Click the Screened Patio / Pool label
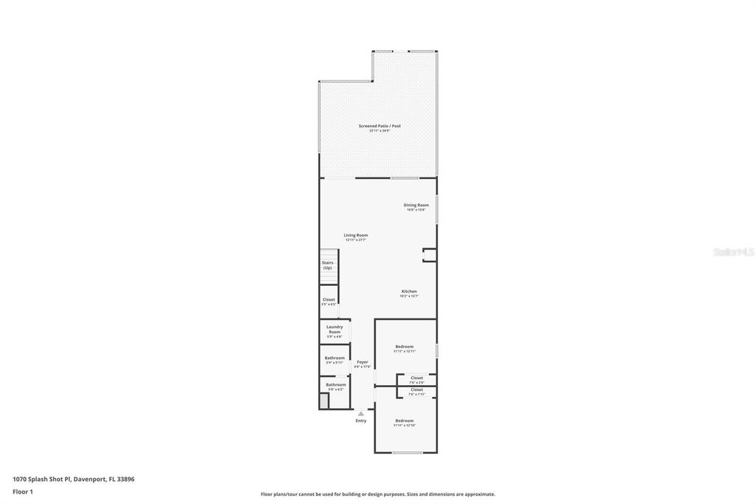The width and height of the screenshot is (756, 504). [379, 127]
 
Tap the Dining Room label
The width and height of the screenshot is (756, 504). [416, 206]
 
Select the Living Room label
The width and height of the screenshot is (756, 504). [355, 236]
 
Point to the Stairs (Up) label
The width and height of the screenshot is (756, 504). [327, 265]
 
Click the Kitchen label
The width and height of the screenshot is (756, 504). [409, 293]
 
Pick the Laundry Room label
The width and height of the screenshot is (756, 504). [334, 330]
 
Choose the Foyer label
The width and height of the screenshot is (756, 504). [362, 363]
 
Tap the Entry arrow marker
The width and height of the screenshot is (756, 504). [361, 414]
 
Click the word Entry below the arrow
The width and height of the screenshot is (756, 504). [361, 420]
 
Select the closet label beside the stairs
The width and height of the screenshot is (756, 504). [329, 301]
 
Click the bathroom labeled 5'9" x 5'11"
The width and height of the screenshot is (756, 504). [334, 359]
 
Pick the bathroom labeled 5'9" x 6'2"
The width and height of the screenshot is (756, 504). [336, 386]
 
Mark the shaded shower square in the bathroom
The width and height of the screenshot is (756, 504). [323, 401]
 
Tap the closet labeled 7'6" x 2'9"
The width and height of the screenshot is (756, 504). [416, 379]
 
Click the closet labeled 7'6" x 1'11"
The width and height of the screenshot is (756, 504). [416, 391]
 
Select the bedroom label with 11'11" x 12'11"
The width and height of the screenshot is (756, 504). [405, 348]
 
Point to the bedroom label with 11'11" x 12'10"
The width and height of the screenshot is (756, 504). [405, 422]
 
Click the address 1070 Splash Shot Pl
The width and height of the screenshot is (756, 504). [73, 479]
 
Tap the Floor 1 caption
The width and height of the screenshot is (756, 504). [23, 491]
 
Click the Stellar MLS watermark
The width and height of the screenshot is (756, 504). [733, 252]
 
